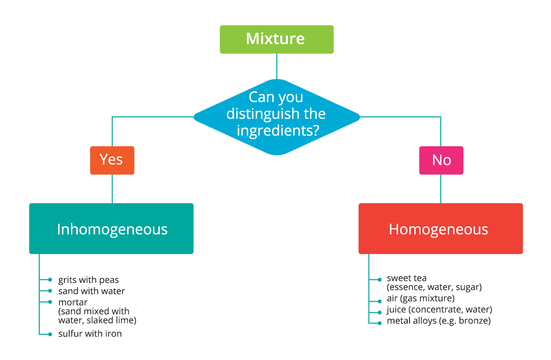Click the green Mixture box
(x=276, y=39)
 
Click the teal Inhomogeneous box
(x=111, y=229)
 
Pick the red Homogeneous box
(x=440, y=229)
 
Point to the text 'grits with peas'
(x=89, y=280)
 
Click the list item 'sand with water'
(x=92, y=291)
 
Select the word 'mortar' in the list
(x=73, y=302)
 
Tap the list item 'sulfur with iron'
(x=90, y=334)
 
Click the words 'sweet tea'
(x=406, y=278)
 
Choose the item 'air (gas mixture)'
(x=421, y=298)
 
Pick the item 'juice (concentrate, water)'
(x=439, y=310)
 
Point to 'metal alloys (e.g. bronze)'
(x=439, y=321)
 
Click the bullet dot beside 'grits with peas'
(x=50, y=280)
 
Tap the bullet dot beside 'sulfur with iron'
(x=50, y=334)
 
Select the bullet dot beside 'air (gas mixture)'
(x=380, y=301)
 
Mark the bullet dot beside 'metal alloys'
(x=380, y=323)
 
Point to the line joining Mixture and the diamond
(x=276, y=66)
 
